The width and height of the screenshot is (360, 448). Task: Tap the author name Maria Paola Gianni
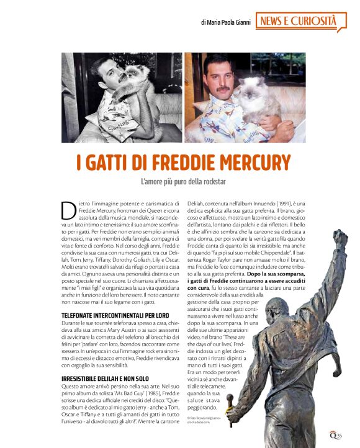[x=225, y=22]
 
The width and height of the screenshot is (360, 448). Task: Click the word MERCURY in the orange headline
[x=248, y=163]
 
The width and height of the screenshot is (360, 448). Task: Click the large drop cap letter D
[x=69, y=211]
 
